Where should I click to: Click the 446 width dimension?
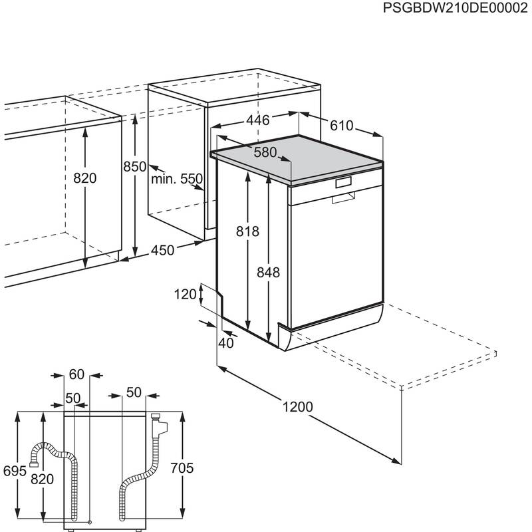(x=258, y=120)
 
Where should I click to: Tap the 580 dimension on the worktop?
(x=264, y=152)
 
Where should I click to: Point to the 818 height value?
(x=247, y=231)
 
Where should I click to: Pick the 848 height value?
(x=268, y=272)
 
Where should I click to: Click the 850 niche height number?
(x=134, y=167)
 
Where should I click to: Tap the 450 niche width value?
(x=163, y=251)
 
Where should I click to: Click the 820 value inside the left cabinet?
(x=85, y=179)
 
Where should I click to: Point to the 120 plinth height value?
(x=187, y=294)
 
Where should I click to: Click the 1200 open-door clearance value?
(x=295, y=407)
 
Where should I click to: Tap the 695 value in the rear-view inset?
(x=14, y=470)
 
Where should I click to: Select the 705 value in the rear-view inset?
(x=181, y=469)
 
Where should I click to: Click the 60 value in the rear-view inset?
(x=76, y=374)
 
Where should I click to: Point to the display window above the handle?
(x=344, y=181)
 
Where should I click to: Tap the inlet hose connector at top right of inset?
(x=157, y=420)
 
